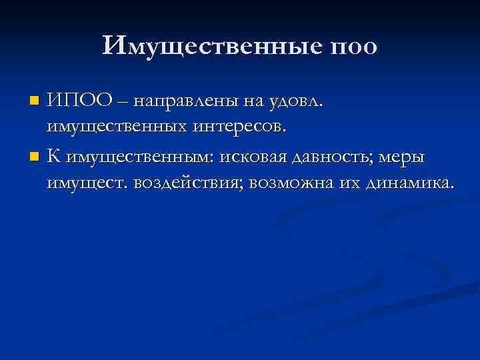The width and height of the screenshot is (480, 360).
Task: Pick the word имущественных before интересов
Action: [124, 125]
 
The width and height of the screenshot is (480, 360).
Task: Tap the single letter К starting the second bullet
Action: [54, 157]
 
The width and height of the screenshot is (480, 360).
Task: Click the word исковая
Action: [247, 157]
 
